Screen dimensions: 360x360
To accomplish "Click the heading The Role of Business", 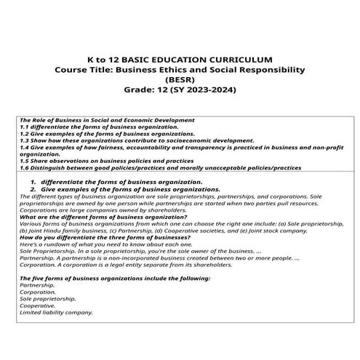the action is pos(58,120).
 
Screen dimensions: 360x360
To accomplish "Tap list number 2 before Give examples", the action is pos(33,189).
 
